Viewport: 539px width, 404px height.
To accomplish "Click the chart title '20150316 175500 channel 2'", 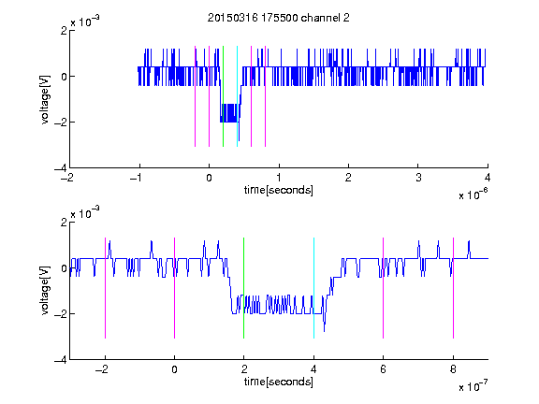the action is click(x=279, y=18).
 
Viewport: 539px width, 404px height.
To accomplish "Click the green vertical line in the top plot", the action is click(x=223, y=96).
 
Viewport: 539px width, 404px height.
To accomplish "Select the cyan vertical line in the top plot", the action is click(x=237, y=96).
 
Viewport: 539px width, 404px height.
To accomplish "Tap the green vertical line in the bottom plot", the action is click(x=243, y=288).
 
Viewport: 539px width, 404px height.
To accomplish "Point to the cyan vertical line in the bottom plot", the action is click(x=313, y=288).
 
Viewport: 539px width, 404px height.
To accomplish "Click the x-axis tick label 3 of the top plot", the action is click(x=418, y=178).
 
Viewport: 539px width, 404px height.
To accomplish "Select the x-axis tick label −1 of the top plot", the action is click(x=137, y=178).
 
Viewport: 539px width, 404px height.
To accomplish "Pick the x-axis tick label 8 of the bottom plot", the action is click(x=453, y=369).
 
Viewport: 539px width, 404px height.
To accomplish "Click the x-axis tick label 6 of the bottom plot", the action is click(x=384, y=369).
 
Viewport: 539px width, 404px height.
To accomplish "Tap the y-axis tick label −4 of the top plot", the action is click(x=61, y=168).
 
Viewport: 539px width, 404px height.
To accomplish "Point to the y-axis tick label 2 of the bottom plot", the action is click(x=64, y=222).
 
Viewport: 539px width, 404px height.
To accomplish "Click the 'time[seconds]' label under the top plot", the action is click(x=279, y=190).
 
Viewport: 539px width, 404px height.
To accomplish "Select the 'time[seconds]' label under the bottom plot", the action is click(x=279, y=382).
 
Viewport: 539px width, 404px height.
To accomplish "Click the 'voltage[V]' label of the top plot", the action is click(x=45, y=99).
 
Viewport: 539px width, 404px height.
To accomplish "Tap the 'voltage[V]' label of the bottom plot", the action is click(x=45, y=291).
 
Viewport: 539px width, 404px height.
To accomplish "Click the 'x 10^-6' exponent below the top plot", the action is click(x=473, y=195).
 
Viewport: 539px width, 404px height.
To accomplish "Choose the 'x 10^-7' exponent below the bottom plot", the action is click(x=473, y=386).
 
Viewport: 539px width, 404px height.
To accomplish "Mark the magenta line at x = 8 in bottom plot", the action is click(x=453, y=288).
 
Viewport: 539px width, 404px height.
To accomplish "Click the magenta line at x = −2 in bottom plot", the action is click(x=105, y=288).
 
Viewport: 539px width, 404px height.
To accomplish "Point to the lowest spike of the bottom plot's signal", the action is click(x=324, y=331).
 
